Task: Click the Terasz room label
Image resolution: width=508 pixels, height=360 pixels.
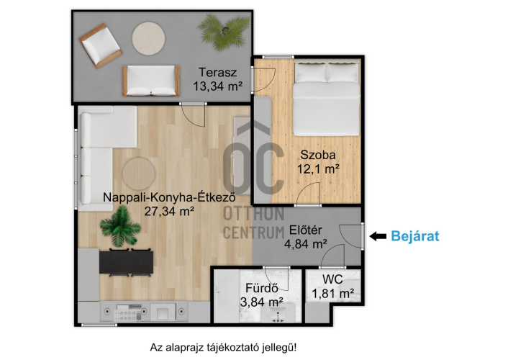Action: point(218,73)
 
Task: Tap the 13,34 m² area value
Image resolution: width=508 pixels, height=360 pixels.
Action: point(218,86)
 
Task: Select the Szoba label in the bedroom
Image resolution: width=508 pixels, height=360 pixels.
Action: point(318,155)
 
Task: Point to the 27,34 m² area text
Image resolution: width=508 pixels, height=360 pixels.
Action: point(169,212)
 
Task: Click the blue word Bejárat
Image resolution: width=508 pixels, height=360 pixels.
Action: point(415,236)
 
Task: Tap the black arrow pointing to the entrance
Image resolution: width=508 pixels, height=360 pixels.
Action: point(378,236)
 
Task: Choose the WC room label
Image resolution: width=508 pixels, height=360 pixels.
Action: point(332,279)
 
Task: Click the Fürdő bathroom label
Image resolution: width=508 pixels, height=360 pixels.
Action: point(262,288)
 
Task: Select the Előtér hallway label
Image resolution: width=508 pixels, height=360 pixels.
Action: point(306,230)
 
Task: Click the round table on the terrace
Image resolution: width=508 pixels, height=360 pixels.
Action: point(148,38)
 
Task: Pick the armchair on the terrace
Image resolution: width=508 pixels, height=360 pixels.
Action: point(101,46)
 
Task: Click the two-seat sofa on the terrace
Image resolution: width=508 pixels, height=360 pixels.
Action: point(151,81)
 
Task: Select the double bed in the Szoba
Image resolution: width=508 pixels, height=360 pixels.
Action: point(326,99)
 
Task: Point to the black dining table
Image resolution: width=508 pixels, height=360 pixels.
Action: point(126,262)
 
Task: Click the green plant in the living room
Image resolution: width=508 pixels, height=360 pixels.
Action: point(120,226)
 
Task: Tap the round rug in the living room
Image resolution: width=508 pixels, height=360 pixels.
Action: point(139,174)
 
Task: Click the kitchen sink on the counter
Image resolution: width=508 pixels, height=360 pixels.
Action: point(163,312)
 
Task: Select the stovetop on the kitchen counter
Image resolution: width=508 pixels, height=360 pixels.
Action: point(129,313)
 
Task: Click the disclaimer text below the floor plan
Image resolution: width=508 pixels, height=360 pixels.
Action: point(223,348)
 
